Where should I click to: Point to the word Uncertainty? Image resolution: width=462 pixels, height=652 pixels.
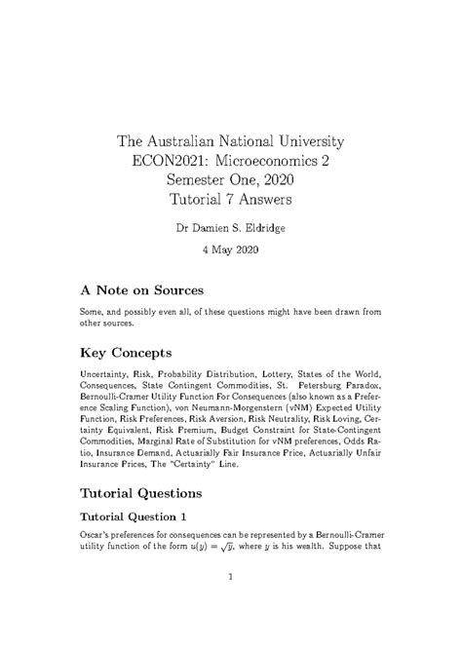106,374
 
